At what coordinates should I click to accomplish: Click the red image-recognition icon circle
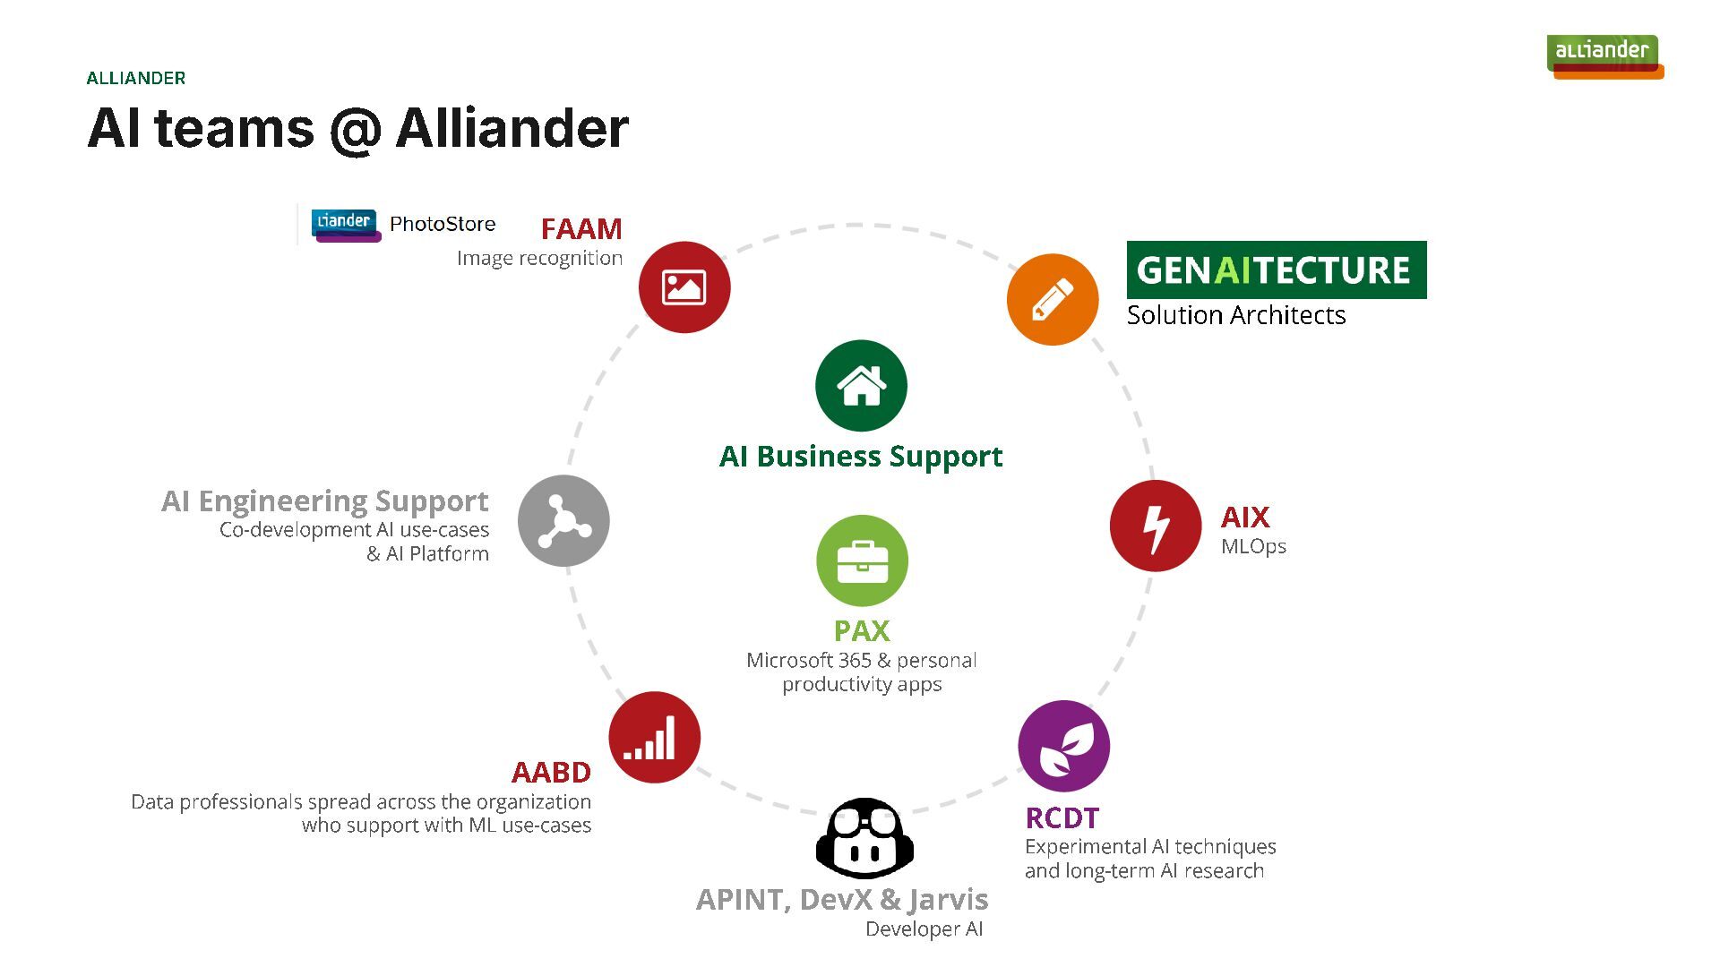coord(684,287)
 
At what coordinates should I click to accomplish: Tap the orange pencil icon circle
coord(1053,299)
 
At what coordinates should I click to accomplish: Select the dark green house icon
coord(861,386)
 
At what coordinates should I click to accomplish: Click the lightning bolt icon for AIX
coord(1156,526)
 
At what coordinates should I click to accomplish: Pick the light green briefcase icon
coord(862,561)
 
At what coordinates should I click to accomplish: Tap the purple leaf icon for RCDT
coord(1064,746)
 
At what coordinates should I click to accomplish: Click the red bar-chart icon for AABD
coord(655,738)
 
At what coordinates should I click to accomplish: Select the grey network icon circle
coord(563,521)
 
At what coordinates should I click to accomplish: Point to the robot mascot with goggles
coord(864,839)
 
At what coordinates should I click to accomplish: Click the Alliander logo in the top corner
coord(1604,56)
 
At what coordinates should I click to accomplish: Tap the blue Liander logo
coord(346,224)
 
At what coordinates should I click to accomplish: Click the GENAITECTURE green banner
coord(1277,270)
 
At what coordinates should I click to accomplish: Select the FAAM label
coord(581,229)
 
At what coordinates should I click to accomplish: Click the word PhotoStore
coord(443,224)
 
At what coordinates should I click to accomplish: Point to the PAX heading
coord(862,631)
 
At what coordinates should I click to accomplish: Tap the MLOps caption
coord(1253,546)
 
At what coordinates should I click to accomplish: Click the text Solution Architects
coord(1236,315)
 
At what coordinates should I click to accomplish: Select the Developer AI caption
coord(924,929)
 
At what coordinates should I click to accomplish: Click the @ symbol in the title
coord(355,131)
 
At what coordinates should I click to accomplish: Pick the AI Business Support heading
coord(861,457)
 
